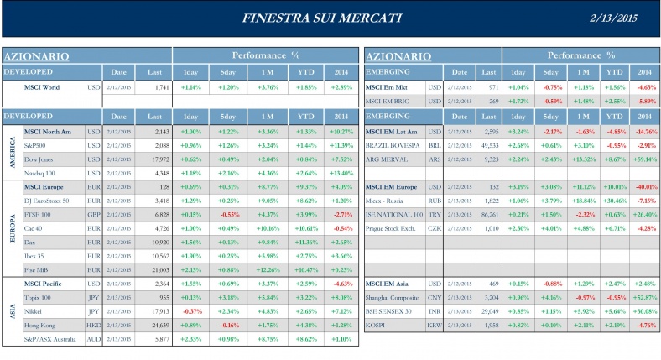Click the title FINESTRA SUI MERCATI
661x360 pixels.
(321, 18)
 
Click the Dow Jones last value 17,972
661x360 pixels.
(158, 159)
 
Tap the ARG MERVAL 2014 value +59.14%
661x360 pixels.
(644, 159)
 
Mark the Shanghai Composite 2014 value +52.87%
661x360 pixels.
(644, 296)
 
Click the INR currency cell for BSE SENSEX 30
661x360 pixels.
(435, 310)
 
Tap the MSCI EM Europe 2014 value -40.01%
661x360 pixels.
(644, 187)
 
